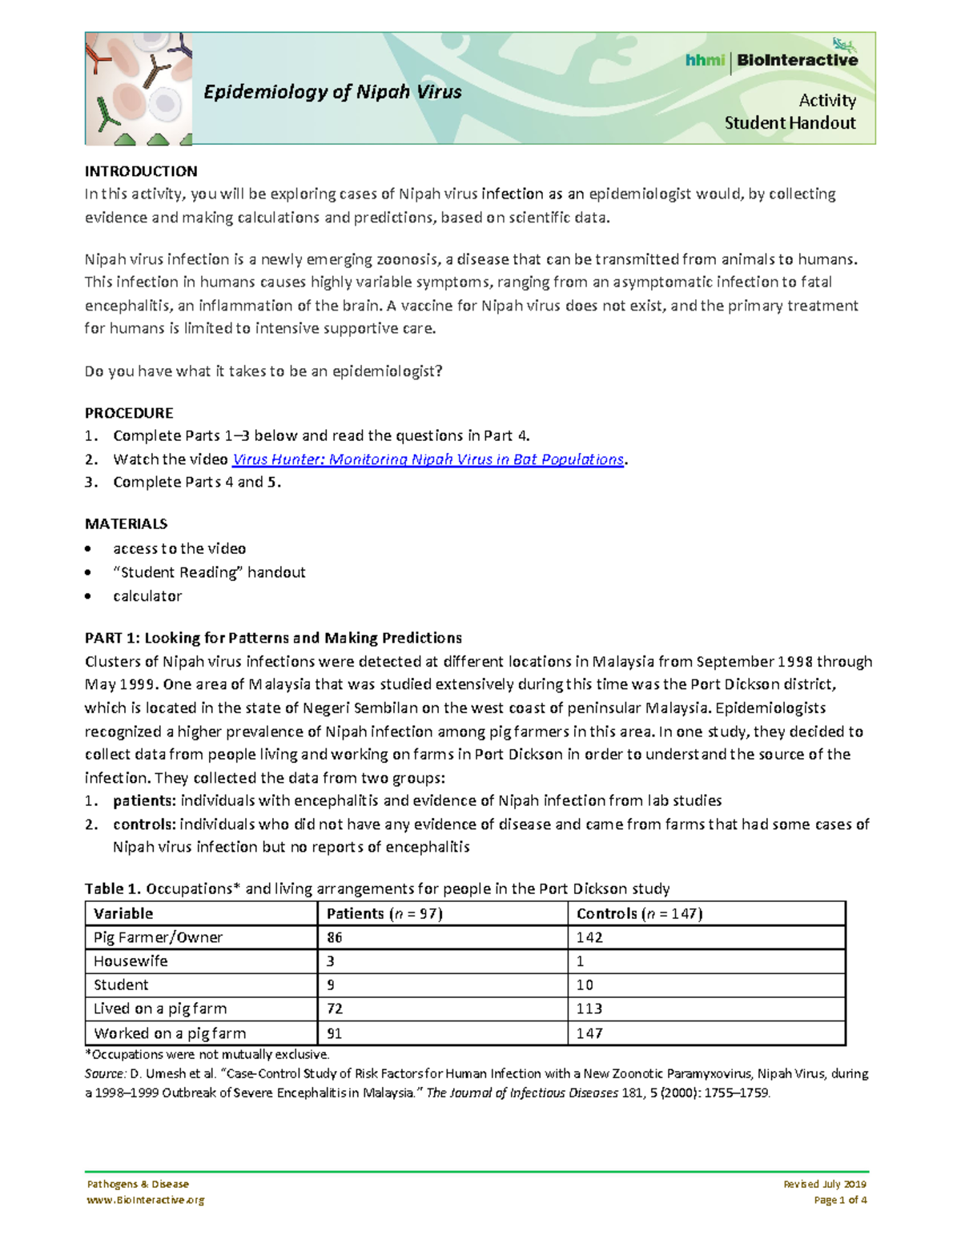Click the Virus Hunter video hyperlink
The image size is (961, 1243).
(x=428, y=459)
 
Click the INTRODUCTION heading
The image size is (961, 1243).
(x=141, y=171)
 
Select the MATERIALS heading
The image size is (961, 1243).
(x=126, y=524)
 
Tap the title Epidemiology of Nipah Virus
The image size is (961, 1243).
(x=332, y=92)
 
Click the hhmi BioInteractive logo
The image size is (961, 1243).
(x=771, y=60)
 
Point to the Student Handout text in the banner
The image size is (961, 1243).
(x=790, y=123)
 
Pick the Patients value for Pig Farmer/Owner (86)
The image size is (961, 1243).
(x=335, y=937)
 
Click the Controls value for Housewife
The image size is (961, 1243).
(x=581, y=961)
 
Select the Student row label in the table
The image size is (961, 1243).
(x=121, y=985)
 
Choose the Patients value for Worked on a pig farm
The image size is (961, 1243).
(x=334, y=1033)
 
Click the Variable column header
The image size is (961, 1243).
(x=123, y=914)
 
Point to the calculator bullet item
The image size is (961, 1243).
(x=147, y=596)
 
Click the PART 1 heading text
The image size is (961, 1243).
(x=273, y=638)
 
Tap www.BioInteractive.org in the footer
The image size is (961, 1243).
(x=145, y=1200)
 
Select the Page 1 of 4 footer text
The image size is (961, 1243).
(x=840, y=1200)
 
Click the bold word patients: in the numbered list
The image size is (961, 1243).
(x=144, y=801)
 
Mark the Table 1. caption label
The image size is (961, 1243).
(x=113, y=888)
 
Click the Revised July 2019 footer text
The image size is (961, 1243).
(x=825, y=1184)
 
